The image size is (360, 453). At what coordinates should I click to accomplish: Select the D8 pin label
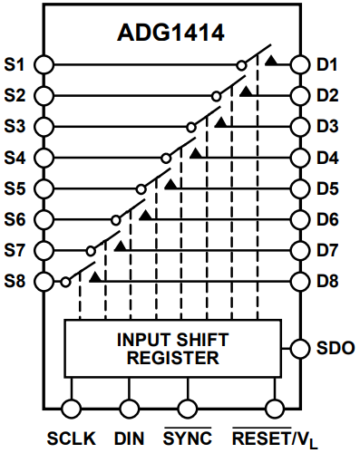(328, 281)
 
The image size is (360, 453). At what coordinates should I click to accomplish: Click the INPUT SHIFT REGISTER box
(172, 349)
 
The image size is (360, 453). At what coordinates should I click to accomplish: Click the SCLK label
(72, 438)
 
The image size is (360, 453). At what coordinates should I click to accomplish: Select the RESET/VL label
(276, 439)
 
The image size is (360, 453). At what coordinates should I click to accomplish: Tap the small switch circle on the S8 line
(66, 281)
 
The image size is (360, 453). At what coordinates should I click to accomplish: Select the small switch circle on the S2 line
(216, 95)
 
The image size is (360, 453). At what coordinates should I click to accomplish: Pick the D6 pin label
(328, 219)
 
